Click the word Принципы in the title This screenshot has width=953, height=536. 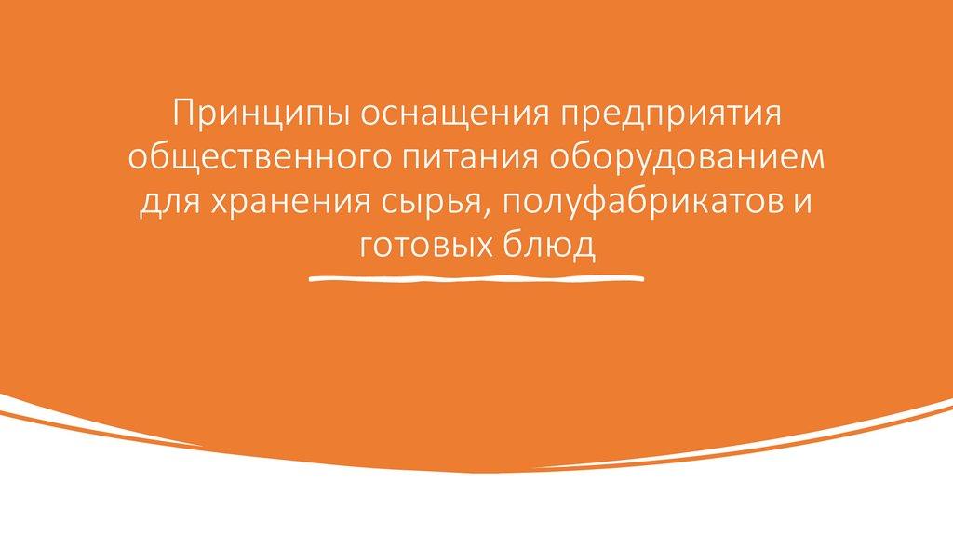262,114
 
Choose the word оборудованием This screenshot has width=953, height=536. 687,157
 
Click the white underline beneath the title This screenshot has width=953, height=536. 476,279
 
